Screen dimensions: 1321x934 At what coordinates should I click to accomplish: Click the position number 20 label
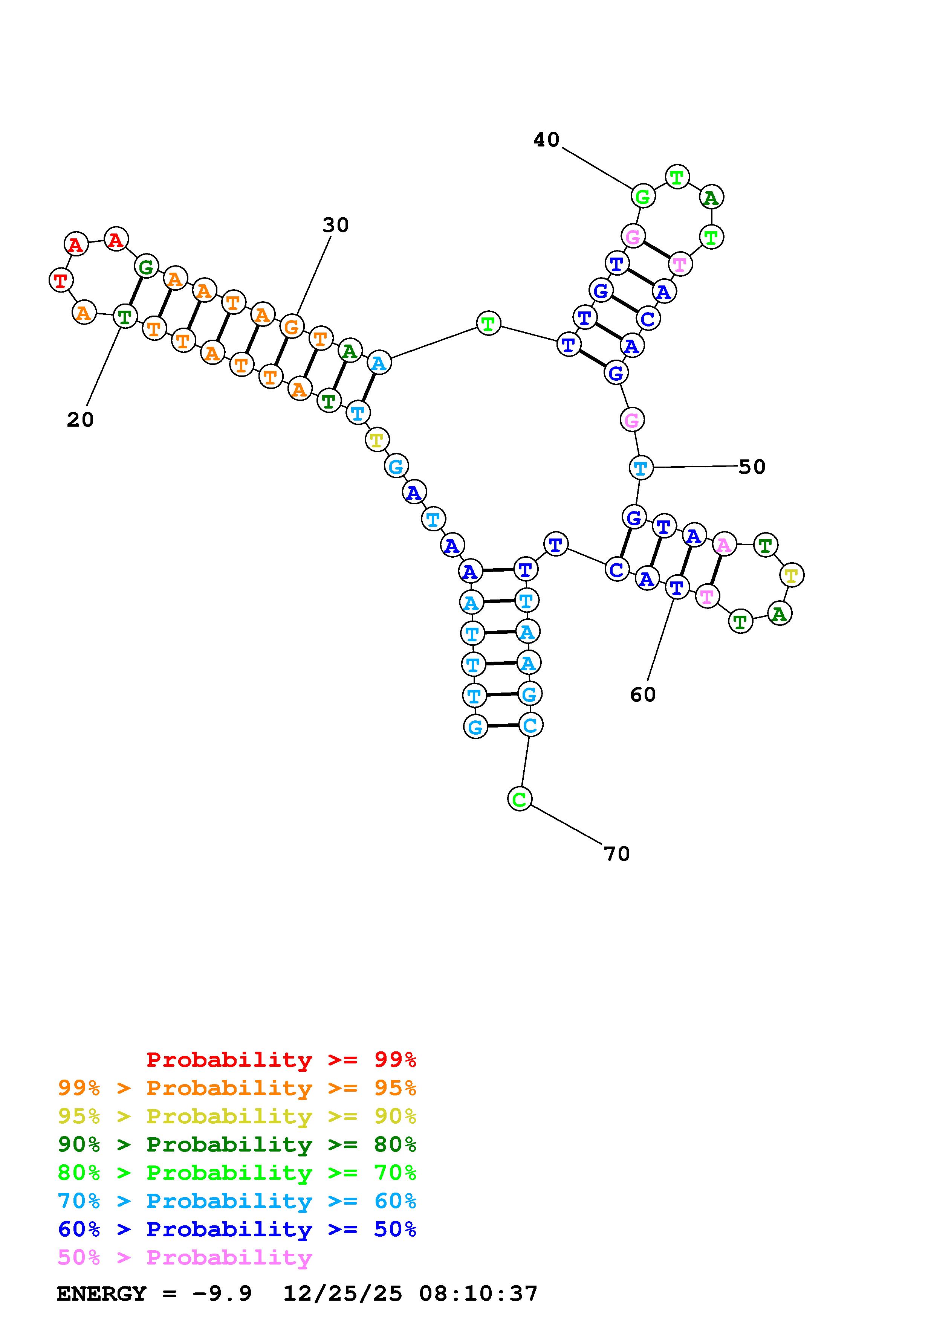80,420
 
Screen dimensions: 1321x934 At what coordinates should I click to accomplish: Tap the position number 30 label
335,225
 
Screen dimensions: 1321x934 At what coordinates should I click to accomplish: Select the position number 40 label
546,139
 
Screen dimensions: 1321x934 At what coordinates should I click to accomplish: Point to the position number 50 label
752,467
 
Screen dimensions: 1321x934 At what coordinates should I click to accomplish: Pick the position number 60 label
643,695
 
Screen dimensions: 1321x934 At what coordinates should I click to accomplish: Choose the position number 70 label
617,854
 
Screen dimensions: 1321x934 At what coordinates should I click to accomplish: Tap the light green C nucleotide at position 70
519,799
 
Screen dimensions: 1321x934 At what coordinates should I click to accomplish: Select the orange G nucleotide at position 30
292,327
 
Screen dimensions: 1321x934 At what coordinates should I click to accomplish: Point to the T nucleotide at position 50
641,468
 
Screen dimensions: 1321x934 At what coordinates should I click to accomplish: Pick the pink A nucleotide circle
724,544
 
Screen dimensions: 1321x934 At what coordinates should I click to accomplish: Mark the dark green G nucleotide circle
146,266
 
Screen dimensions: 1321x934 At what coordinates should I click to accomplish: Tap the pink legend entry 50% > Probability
185,1258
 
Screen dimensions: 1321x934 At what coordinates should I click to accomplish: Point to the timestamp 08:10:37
478,1294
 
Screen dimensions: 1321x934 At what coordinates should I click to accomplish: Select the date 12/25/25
342,1294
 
